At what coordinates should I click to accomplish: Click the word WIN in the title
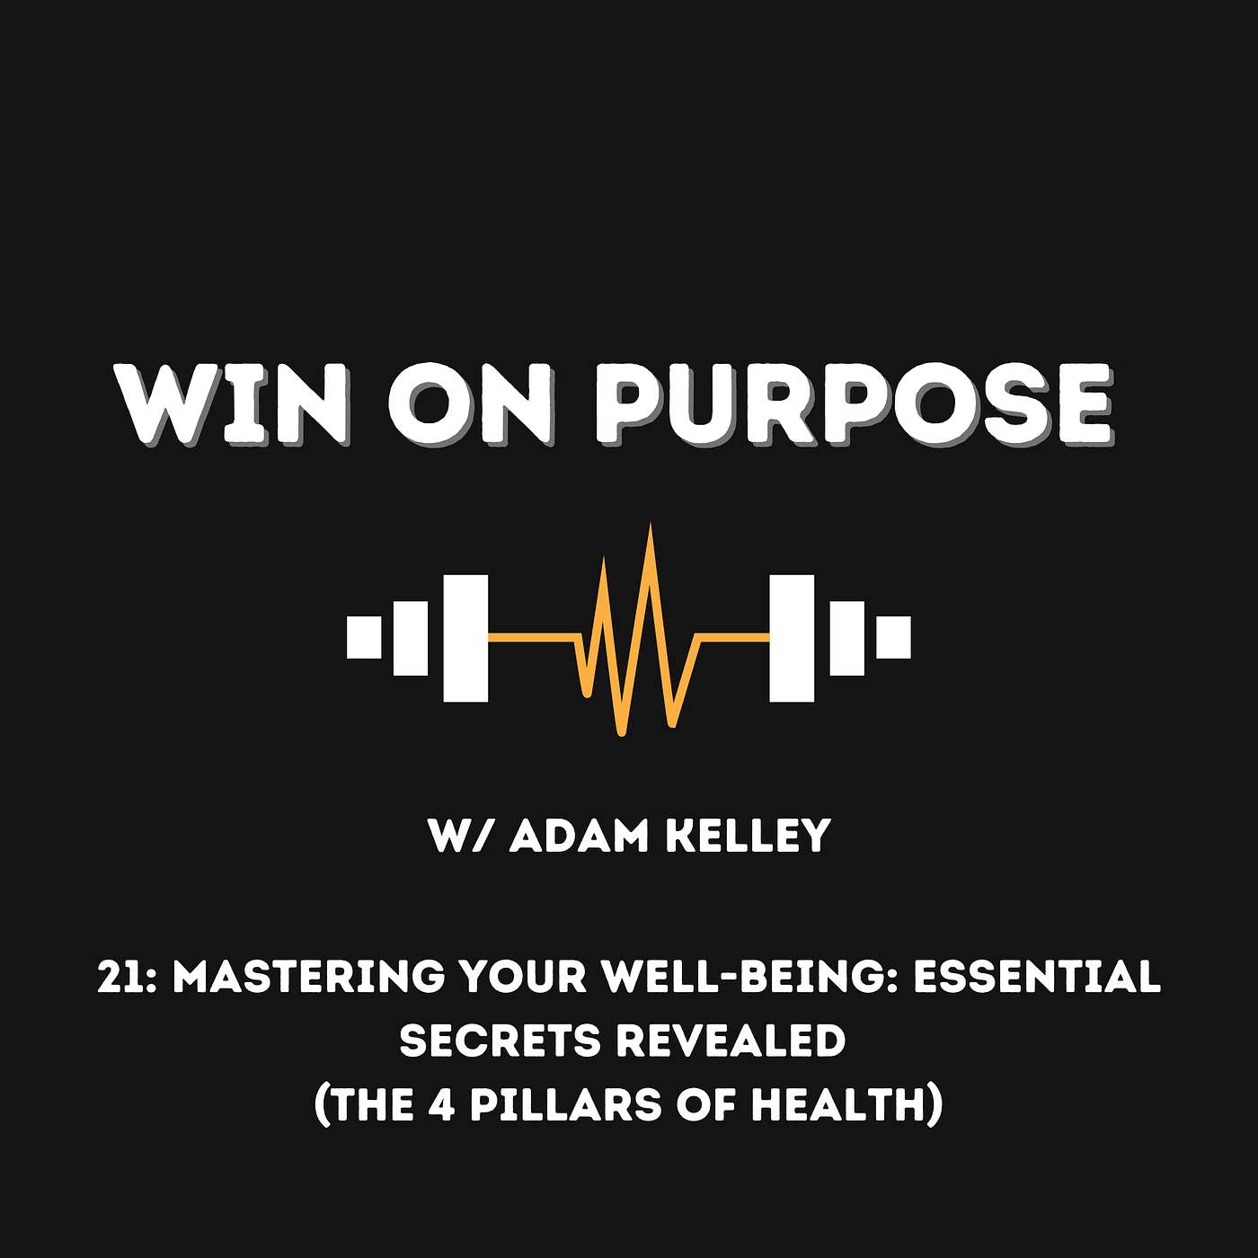click(x=233, y=404)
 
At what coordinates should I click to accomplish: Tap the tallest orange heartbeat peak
click(x=650, y=528)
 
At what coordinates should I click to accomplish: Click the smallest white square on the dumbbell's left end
click(x=364, y=637)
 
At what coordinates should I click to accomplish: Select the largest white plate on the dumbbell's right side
click(x=792, y=638)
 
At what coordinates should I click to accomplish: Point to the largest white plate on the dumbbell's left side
click(x=465, y=638)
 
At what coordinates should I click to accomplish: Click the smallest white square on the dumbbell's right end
click(x=893, y=637)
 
